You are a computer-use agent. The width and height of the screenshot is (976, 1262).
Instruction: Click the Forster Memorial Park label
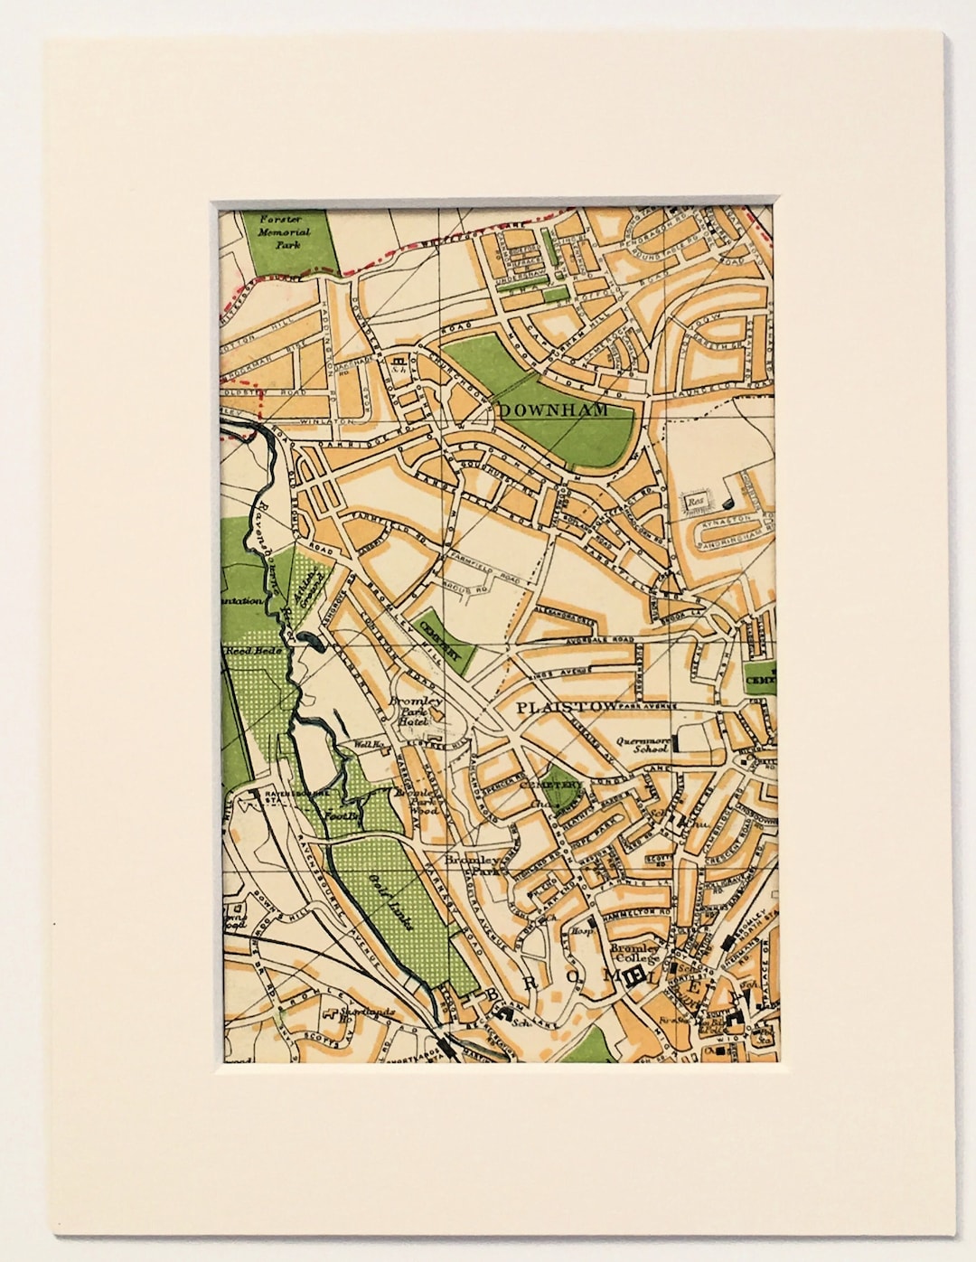click(x=283, y=231)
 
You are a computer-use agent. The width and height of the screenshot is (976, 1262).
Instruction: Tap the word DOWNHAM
click(x=555, y=410)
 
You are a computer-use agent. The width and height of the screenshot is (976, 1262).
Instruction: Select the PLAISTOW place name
click(x=556, y=708)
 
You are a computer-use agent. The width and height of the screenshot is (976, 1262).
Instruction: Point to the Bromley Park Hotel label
click(x=415, y=712)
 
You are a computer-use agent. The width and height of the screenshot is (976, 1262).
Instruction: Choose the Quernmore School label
click(x=643, y=743)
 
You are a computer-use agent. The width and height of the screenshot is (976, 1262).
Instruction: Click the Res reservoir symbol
click(x=694, y=497)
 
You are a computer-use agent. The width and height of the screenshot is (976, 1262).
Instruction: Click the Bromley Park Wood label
click(x=418, y=801)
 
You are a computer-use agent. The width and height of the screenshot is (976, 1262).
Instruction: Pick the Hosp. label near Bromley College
click(x=582, y=929)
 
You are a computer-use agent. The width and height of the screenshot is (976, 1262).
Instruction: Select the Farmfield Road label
click(x=486, y=576)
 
